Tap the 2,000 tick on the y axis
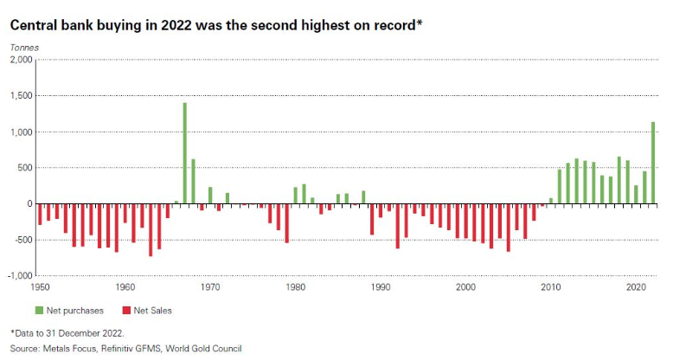click(x=21, y=60)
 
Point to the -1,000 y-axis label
click(x=19, y=276)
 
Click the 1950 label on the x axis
click(x=40, y=286)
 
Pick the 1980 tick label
click(x=296, y=286)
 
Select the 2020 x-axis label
click(x=637, y=286)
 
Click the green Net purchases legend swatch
click(x=40, y=309)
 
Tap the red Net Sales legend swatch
click(x=126, y=309)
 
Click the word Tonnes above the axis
click(x=24, y=46)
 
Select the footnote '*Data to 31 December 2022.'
click(x=67, y=333)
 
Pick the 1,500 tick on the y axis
click(x=21, y=96)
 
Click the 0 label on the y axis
click(x=29, y=204)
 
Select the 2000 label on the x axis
click(x=466, y=286)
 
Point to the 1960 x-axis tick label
click(x=125, y=286)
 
